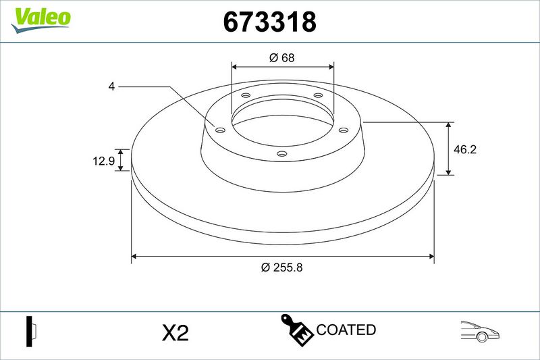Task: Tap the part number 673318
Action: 269,22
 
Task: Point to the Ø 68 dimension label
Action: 282,57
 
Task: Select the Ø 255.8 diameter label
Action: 281,267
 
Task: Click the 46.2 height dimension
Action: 465,149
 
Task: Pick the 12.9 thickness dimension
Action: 104,161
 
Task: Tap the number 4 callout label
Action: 111,86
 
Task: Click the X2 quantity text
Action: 175,333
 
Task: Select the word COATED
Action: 346,330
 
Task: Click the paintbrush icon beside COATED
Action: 296,330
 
